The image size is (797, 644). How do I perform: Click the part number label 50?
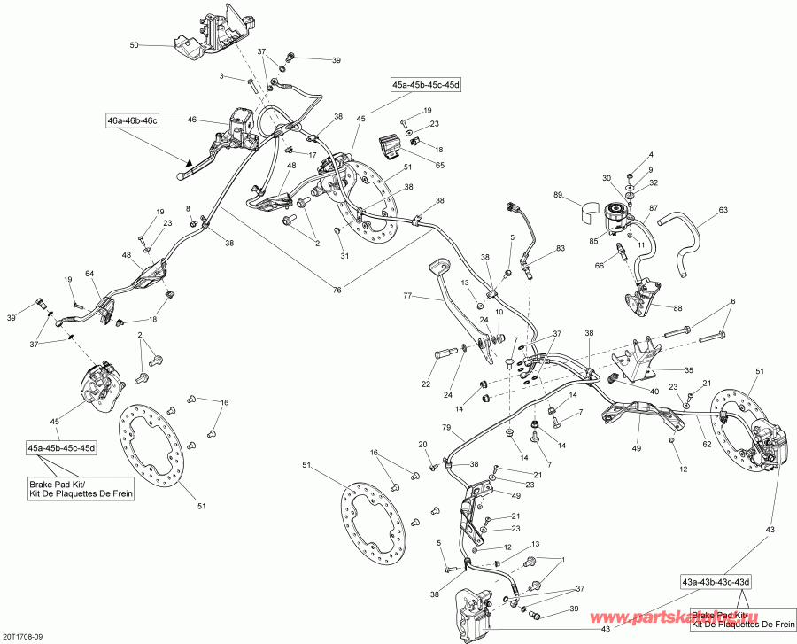click(x=135, y=44)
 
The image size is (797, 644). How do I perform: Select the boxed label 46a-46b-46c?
click(x=134, y=120)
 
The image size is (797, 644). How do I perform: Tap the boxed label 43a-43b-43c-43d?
click(x=716, y=581)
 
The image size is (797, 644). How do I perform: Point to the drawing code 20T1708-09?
click(x=27, y=635)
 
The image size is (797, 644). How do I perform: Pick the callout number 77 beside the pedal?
click(x=408, y=296)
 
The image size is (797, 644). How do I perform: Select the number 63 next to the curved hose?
click(x=723, y=211)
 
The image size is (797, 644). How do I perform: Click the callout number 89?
click(x=559, y=195)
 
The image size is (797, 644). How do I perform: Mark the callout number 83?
click(x=561, y=250)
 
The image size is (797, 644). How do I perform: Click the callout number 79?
click(x=447, y=428)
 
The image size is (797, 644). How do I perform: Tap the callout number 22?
click(x=426, y=384)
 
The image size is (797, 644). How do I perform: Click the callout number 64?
click(x=89, y=275)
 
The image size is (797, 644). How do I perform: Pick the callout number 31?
click(x=344, y=256)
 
